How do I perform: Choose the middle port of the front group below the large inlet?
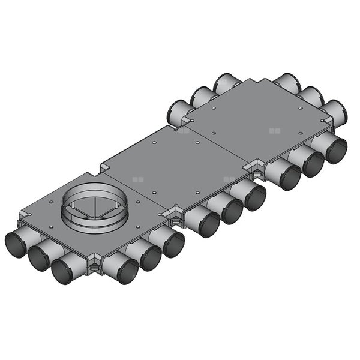[x=150, y=258]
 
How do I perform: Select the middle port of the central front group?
[x=232, y=211]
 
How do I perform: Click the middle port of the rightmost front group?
[x=313, y=164]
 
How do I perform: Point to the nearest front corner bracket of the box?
[x=94, y=265]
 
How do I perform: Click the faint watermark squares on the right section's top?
[x=275, y=130]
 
